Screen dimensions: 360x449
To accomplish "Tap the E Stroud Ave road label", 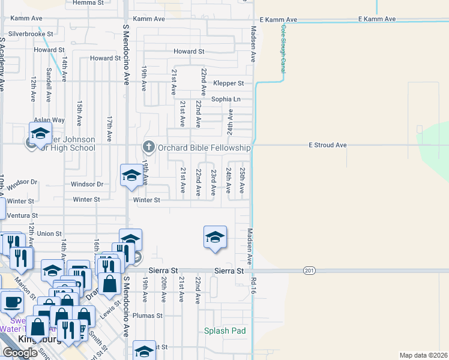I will click(328, 145).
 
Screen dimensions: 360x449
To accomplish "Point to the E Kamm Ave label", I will click(377, 19).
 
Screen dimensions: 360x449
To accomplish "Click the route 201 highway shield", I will click(309, 271).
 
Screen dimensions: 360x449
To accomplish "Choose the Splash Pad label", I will click(225, 331).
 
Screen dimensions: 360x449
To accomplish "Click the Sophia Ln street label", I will click(226, 99).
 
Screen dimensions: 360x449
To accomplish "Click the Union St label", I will click(49, 233).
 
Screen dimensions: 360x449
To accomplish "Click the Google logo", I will click(20, 353).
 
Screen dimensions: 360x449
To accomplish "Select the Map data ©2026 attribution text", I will click(423, 355).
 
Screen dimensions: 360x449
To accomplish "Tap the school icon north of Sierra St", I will click(214, 237).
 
